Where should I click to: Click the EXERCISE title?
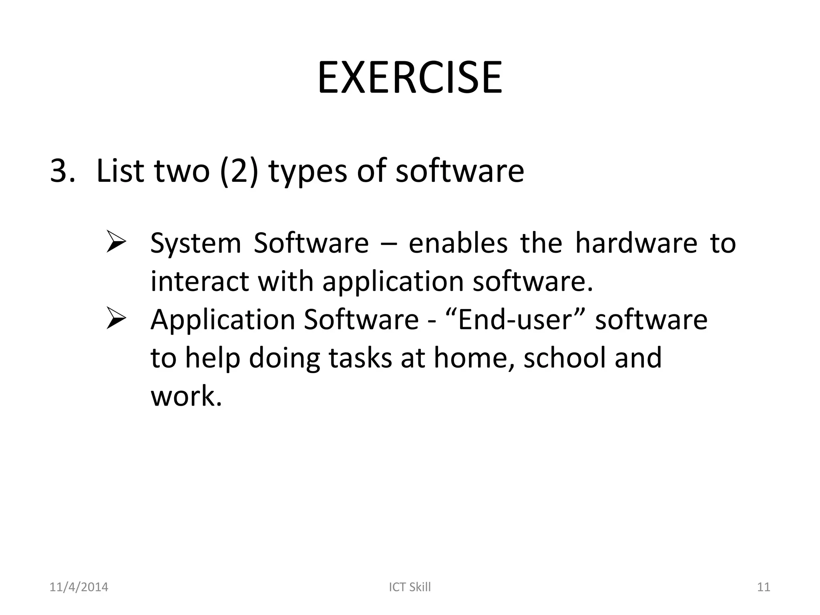[410, 78]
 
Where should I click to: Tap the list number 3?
[62, 171]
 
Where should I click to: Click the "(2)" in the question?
[239, 171]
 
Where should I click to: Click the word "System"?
[195, 243]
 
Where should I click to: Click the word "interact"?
[199, 281]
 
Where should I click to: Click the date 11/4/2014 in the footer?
[78, 587]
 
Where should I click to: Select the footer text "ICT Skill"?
[410, 587]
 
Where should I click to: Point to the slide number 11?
[764, 587]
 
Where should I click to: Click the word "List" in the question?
[120, 171]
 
